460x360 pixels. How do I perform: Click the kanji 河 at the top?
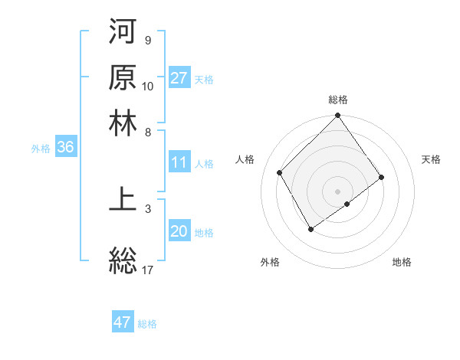pos(123,33)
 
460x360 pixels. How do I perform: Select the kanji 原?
pos(123,77)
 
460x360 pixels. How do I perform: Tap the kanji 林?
pos(123,123)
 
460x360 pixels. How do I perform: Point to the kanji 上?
pos(123,198)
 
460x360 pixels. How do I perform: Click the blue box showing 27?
pos(179,78)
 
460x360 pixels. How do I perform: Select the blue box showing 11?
pos(179,162)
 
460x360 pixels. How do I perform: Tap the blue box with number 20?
pos(179,231)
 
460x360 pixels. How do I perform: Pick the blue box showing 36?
pos(65,148)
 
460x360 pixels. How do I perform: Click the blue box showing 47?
pos(123,322)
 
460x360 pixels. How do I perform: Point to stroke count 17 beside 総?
pos(149,270)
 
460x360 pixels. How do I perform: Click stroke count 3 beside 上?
pos(148,207)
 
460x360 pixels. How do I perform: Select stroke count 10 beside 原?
pos(148,86)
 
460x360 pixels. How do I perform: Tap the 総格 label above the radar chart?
pos(338,100)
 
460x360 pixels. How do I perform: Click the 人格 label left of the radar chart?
pos(245,159)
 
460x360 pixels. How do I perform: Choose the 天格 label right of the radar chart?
pos(431,159)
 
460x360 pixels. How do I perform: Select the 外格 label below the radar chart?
pos(270,262)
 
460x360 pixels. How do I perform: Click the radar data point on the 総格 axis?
pos(338,116)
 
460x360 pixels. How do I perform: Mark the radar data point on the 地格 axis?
pos(347,204)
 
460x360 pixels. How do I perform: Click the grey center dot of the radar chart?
pos(338,191)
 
